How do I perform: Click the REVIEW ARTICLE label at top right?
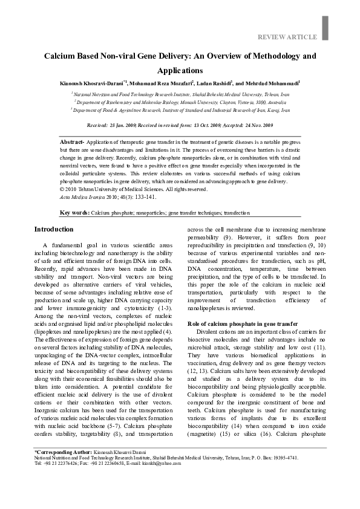pyautogui.click(x=287, y=37)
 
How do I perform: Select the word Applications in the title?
pyautogui.click(x=180, y=70)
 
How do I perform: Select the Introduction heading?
pyautogui.click(x=37, y=230)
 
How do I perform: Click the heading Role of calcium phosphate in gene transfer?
pyautogui.click(x=221, y=324)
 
